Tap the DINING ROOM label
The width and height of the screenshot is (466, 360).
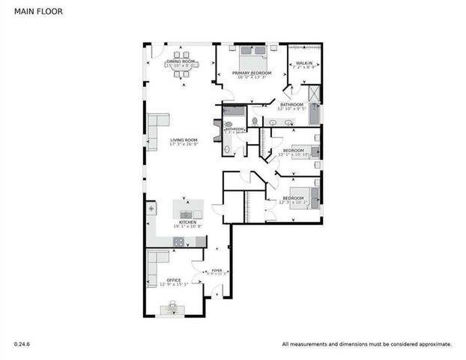pyautogui.click(x=181, y=61)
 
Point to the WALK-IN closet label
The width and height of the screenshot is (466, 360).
pyautogui.click(x=304, y=63)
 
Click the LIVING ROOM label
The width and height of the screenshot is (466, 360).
pyautogui.click(x=184, y=139)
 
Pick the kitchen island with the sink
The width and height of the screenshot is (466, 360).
pyautogui.click(x=187, y=209)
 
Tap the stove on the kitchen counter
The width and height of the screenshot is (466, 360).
pyautogui.click(x=180, y=241)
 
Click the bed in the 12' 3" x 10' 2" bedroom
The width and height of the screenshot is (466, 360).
pyautogui.click(x=313, y=197)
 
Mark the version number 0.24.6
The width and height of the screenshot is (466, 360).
pyautogui.click(x=22, y=344)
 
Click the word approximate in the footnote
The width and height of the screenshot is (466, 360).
pyautogui.click(x=432, y=344)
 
